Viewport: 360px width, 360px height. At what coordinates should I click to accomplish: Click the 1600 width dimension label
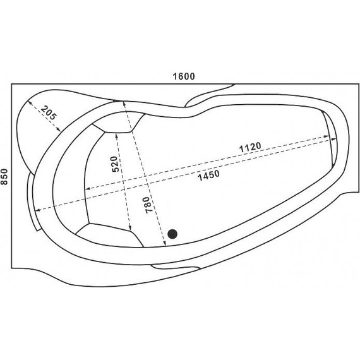184,76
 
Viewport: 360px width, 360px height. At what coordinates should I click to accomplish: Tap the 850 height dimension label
4,177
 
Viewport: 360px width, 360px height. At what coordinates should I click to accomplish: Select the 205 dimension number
49,112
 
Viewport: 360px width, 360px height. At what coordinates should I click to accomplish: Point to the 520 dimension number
115,164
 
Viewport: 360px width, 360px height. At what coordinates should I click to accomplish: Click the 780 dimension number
149,205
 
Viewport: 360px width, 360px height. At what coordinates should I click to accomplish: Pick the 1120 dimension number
250,147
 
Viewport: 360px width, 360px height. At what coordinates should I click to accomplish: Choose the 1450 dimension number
208,176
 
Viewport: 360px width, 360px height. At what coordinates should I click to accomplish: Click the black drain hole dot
172,234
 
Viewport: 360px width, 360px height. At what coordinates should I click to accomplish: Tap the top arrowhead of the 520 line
117,135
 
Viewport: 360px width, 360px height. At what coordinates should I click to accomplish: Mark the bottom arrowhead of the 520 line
129,228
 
